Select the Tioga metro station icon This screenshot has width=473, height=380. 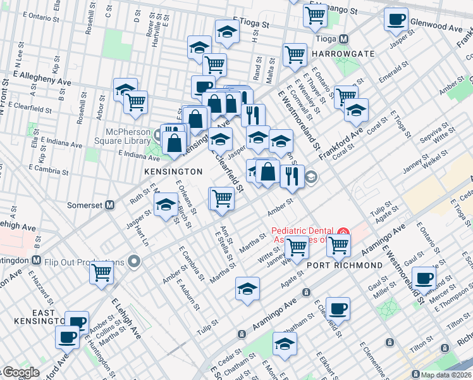[345, 38]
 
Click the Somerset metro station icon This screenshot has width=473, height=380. [110, 205]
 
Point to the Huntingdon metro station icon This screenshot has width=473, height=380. [37, 260]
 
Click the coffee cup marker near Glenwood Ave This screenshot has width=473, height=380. [396, 19]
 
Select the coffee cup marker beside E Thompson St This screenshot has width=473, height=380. [424, 277]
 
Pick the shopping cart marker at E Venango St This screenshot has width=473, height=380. [315, 15]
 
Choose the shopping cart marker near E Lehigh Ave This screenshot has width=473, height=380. [102, 272]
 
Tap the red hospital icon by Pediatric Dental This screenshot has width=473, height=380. [343, 231]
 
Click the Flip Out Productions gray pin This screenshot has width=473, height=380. [134, 261]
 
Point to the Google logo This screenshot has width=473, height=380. [20, 373]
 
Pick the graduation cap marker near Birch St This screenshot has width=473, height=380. [166, 204]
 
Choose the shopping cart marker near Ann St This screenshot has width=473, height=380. [222, 198]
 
